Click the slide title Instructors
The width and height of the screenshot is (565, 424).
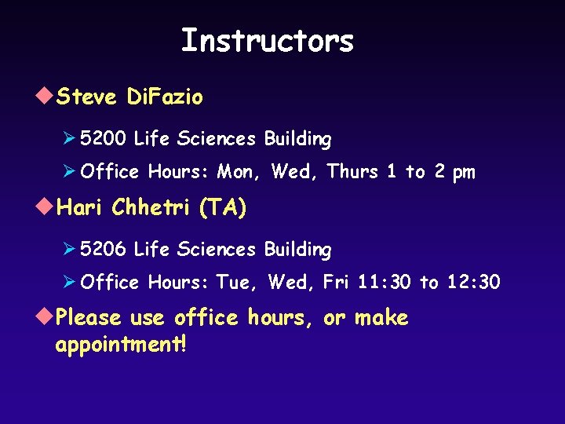click(267, 40)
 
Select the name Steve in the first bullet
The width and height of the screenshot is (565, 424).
click(87, 97)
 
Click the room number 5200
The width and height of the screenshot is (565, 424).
click(102, 139)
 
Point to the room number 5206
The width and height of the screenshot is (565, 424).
click(102, 250)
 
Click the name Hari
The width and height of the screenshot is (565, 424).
click(82, 208)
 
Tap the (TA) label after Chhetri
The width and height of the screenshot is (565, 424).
click(223, 208)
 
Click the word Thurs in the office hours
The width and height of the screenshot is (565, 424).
click(352, 171)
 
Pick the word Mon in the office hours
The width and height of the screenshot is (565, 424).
click(236, 171)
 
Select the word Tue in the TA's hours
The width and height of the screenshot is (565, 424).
click(235, 282)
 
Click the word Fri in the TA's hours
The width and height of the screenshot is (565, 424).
click(336, 282)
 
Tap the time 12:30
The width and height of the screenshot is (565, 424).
click(472, 282)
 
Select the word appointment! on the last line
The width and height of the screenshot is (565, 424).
click(122, 345)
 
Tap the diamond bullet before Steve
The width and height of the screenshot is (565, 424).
click(46, 97)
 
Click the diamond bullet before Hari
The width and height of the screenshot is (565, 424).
click(46, 207)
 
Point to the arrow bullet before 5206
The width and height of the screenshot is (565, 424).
click(68, 250)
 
